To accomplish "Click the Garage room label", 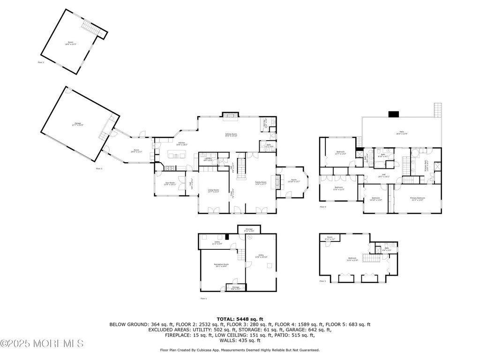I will pos(77,124).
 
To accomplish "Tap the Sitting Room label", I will pos(231,135).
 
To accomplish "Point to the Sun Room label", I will pos(169,183).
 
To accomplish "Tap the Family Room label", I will pos(261,183).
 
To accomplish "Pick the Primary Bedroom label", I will pos(418,199).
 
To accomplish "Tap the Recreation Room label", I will pos(221,265).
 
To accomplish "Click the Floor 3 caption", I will pos(41,62).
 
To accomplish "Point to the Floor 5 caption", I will pos(322,281).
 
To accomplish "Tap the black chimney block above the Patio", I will pos(393,114).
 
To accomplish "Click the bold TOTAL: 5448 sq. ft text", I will pos(240,318).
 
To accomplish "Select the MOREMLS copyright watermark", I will pos(42,344).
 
